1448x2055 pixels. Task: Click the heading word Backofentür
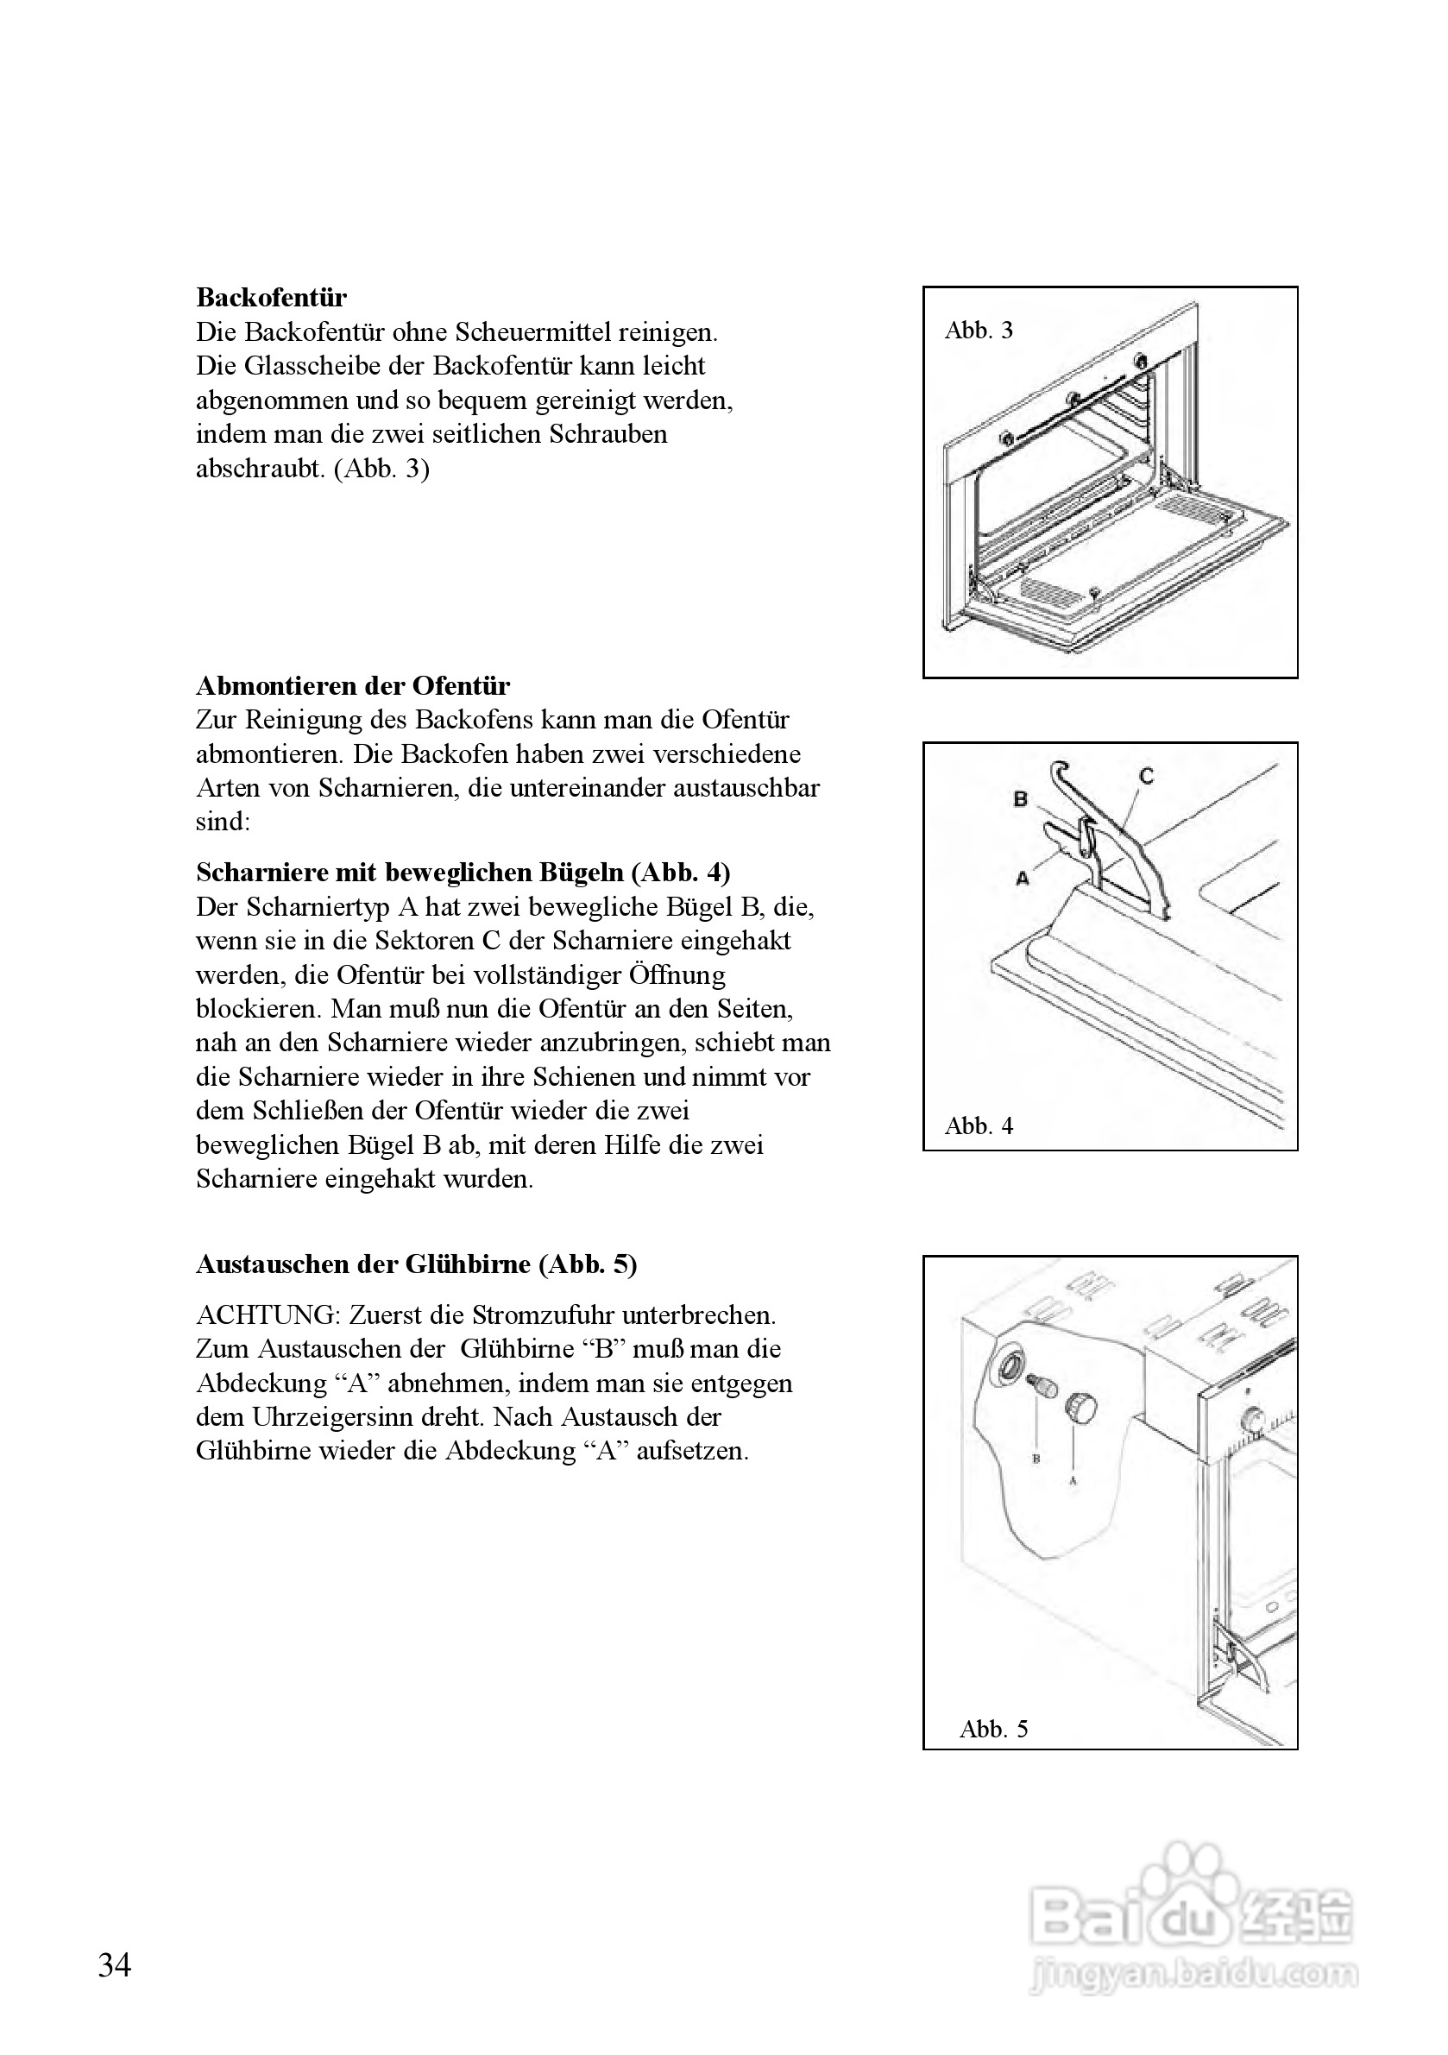271,297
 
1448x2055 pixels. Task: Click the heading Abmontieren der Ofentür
353,686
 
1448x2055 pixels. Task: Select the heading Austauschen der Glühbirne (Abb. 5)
416,1264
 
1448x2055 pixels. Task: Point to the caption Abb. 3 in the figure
979,331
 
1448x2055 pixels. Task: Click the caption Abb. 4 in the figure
979,1126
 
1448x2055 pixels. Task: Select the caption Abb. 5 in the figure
993,1730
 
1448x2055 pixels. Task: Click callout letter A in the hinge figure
1023,879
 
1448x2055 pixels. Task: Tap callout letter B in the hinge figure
1020,798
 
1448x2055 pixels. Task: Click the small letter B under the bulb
1036,1458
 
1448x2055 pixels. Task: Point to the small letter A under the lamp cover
1073,1481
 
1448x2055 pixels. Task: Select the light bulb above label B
1042,1388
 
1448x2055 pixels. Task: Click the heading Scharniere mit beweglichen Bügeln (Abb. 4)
463,873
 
